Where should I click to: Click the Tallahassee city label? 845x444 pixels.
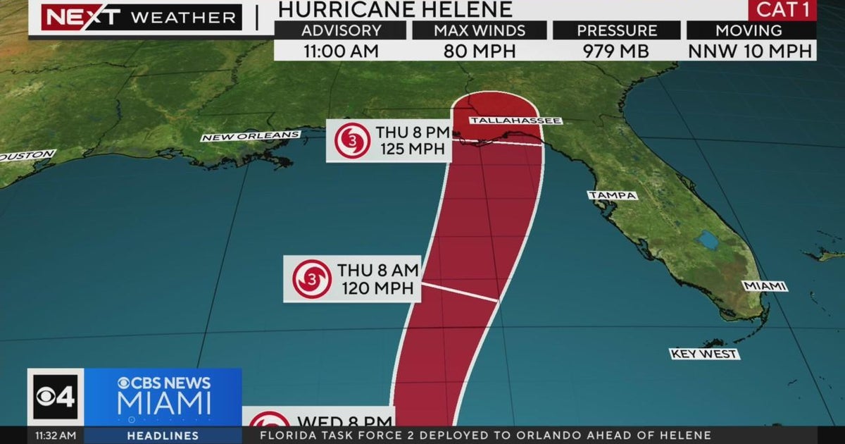[x=516, y=121]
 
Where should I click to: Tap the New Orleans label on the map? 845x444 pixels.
[x=251, y=136]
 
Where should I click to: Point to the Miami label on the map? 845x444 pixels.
[x=765, y=286]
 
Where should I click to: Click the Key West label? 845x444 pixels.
[x=703, y=354]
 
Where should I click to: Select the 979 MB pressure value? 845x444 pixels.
[x=617, y=51]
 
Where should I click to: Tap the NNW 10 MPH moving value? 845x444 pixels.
[x=751, y=51]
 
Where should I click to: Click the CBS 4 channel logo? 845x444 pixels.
[x=56, y=396]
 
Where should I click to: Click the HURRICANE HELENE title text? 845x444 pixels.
[x=394, y=10]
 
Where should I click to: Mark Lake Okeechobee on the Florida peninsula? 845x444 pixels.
[x=708, y=241]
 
